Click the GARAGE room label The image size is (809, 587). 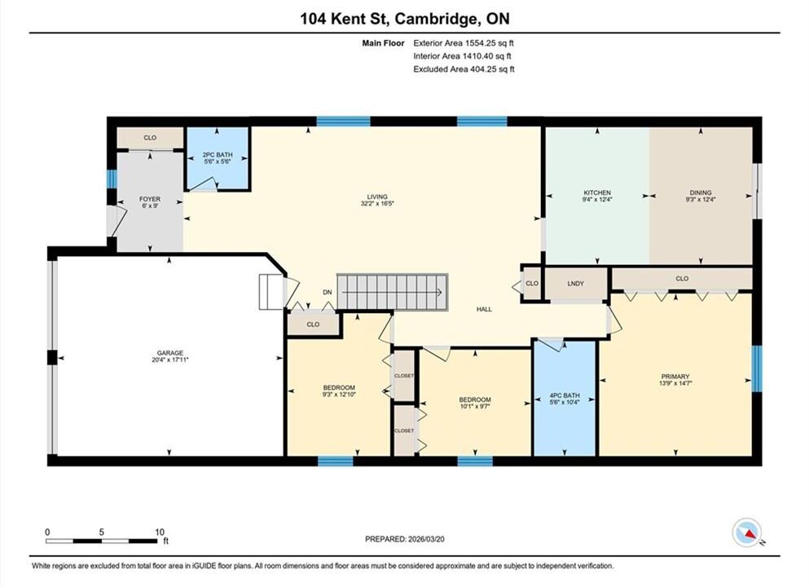[169, 353]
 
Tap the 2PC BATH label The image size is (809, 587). [218, 154]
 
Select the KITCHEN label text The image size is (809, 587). [597, 192]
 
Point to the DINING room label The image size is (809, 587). [700, 192]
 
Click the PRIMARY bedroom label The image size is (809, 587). [675, 377]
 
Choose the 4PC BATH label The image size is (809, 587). [565, 395]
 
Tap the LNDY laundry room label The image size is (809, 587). [576, 284]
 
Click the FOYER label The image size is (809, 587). [150, 199]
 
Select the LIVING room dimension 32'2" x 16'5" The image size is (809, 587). [377, 203]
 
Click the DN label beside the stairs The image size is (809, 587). [328, 292]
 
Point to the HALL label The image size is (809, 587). [484, 309]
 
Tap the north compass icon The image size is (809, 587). [746, 532]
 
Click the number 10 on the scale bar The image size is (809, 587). [160, 532]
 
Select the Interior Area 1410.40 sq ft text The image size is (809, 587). [462, 55]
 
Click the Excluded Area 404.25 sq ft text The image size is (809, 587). [464, 68]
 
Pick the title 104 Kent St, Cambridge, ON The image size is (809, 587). [405, 19]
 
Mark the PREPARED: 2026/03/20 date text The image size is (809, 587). [404, 539]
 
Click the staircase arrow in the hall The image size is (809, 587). [392, 292]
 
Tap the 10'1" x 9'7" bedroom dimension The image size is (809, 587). [475, 406]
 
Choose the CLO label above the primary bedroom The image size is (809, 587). [682, 278]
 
